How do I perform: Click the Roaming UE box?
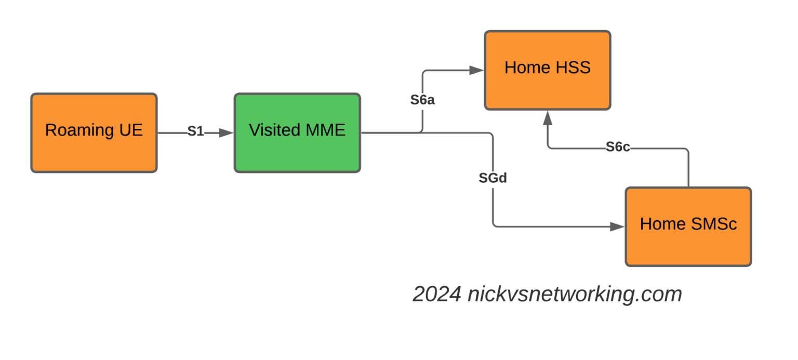94,133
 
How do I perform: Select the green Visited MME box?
297,133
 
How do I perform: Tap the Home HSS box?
548,70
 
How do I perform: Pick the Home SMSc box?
688,226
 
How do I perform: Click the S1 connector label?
195,132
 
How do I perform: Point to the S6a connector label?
422,100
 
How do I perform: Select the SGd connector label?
492,178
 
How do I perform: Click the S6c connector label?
618,148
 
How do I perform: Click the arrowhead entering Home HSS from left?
476,70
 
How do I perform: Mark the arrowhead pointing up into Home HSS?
547,118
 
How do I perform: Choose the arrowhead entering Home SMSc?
617,226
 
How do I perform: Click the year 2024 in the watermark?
436,295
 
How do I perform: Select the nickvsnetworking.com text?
574,295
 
